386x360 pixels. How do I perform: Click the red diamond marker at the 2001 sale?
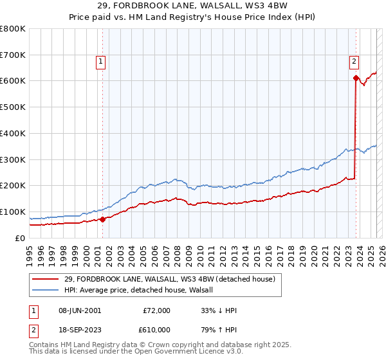pyautogui.click(x=102, y=219)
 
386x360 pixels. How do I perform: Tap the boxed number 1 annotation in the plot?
pyautogui.click(x=102, y=62)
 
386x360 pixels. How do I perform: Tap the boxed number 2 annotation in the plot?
pyautogui.click(x=354, y=62)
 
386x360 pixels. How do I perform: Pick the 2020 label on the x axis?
pyautogui.click(x=313, y=252)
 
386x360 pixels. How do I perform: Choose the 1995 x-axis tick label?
pyautogui.click(x=30, y=252)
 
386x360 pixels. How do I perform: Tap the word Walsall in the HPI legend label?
pyautogui.click(x=207, y=290)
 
